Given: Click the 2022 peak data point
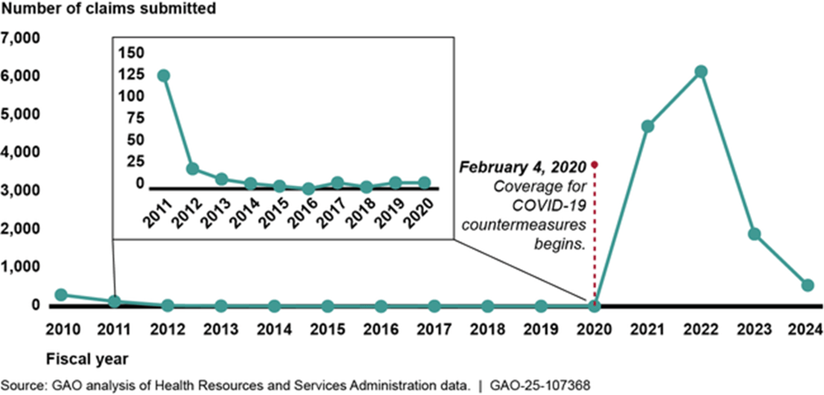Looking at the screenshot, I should pos(700,72).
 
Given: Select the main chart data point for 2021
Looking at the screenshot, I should pos(648,127).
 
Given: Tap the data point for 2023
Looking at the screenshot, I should pos(754,234).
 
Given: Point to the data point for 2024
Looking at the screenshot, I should pos(807,285).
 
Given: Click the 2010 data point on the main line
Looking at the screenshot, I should pos(61,294).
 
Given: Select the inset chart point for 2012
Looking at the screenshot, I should pos(192,168).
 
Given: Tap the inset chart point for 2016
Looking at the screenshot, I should pos(308,189).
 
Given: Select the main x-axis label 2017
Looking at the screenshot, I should pos(434,330).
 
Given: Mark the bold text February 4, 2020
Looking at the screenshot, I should pos(523,168).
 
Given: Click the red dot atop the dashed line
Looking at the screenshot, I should pos(594,164).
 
